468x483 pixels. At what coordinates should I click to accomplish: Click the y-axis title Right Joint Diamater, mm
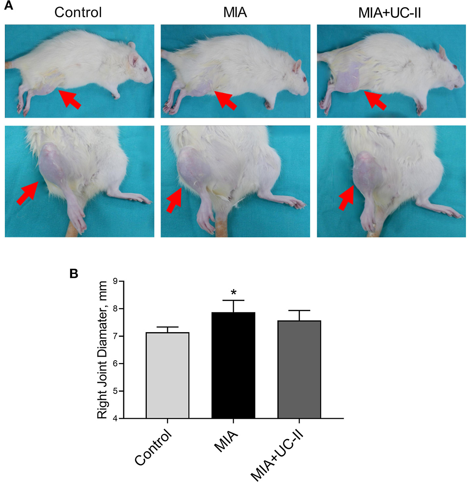(102, 350)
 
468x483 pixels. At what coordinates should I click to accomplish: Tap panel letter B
(74, 274)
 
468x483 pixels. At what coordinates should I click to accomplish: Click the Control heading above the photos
(78, 12)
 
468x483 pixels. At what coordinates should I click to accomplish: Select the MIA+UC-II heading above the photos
(389, 12)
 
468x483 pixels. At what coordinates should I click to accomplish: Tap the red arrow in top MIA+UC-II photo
(375, 100)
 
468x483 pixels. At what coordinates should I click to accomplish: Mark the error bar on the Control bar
(167, 329)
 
